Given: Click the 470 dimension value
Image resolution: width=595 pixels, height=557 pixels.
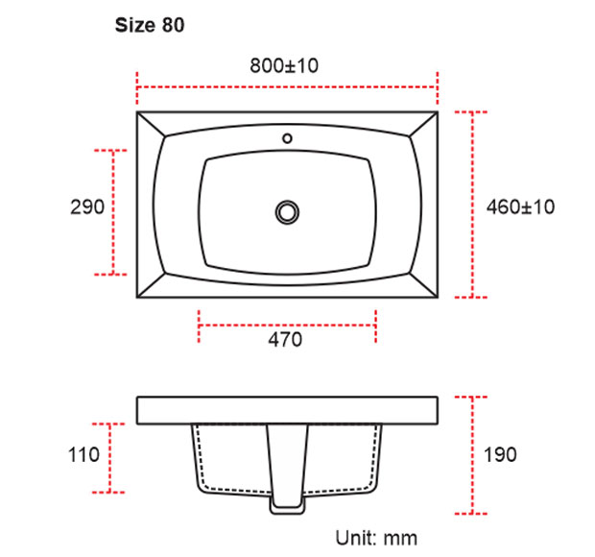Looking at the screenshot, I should point(285,339).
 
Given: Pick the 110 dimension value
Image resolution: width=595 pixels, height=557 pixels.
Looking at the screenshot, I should point(84,455).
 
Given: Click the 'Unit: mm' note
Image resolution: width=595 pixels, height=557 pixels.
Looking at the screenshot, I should point(376,536).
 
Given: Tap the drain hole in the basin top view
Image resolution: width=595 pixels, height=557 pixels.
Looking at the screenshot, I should point(286,210).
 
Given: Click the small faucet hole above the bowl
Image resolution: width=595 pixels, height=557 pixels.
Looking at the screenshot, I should point(286,138).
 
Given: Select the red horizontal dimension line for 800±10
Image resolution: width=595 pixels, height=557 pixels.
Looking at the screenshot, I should point(287,87).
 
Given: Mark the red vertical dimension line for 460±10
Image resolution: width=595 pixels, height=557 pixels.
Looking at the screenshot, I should point(472,206).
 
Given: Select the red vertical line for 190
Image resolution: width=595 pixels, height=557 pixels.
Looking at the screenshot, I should point(472,456).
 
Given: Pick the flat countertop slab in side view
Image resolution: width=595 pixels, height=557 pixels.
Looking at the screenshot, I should point(287,409).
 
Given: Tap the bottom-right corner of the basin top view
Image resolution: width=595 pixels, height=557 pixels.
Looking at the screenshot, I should point(438,296).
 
